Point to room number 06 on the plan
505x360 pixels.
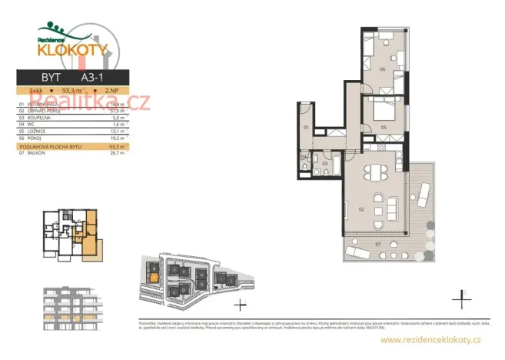[382, 69]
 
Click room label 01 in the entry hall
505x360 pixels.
[306, 126]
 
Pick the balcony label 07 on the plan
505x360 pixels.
[377, 245]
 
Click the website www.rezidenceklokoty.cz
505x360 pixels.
[430, 339]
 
